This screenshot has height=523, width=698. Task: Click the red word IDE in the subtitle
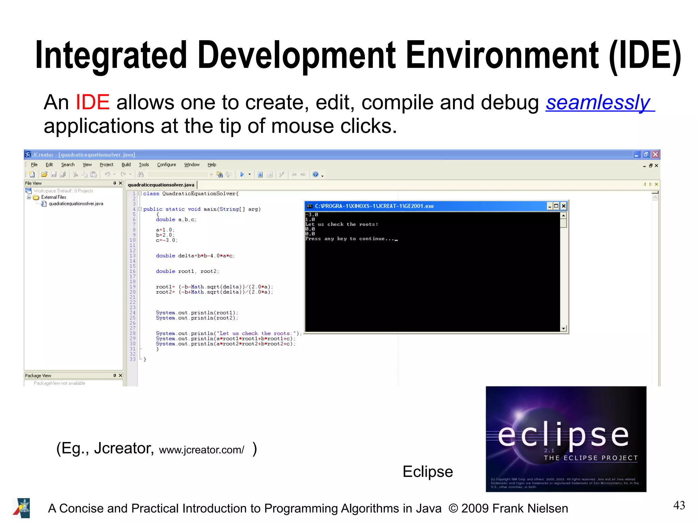pyautogui.click(x=92, y=102)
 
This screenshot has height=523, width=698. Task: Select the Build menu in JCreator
pyautogui.click(x=126, y=165)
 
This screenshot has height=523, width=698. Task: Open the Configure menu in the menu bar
pyautogui.click(x=166, y=165)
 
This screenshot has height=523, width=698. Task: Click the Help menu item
pyautogui.click(x=212, y=165)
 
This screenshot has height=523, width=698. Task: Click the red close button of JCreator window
pyautogui.click(x=655, y=155)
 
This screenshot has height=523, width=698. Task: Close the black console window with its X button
pyautogui.click(x=564, y=206)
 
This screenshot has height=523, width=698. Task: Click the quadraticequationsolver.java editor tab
pyautogui.click(x=161, y=185)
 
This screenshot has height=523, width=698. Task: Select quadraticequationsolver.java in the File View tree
pyautogui.click(x=76, y=204)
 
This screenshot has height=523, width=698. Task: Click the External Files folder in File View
pyautogui.click(x=54, y=197)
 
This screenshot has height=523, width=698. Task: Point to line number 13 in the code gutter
pyautogui.click(x=133, y=256)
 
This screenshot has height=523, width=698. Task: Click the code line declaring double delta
pyautogui.click(x=195, y=256)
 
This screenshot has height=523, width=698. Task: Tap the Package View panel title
pyautogui.click(x=38, y=375)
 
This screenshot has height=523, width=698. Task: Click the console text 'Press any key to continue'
pyautogui.click(x=350, y=239)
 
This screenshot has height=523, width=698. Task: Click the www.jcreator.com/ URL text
pyautogui.click(x=201, y=450)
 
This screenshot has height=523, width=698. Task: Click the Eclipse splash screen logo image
pyautogui.click(x=566, y=439)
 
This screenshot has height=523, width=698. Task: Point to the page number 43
pyautogui.click(x=679, y=505)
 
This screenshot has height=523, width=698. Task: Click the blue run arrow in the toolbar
pyautogui.click(x=242, y=174)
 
